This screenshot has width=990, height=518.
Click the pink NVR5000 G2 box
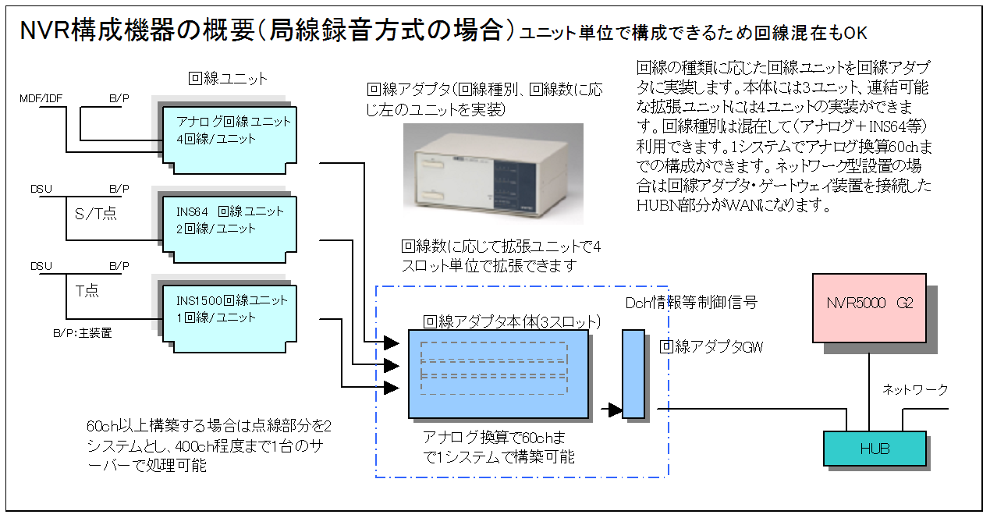(869, 308)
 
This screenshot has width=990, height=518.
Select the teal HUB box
(875, 449)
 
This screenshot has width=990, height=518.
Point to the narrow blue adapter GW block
(633, 374)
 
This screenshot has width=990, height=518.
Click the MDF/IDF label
(40, 100)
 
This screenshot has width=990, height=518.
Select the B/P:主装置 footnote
(82, 333)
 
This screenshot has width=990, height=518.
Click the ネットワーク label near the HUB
(915, 389)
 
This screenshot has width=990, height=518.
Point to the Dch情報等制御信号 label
(691, 302)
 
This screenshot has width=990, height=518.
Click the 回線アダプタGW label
(711, 347)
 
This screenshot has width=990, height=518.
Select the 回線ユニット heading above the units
(228, 78)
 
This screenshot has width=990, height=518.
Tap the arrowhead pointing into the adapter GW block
(615, 410)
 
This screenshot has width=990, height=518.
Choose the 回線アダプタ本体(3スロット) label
(511, 321)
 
